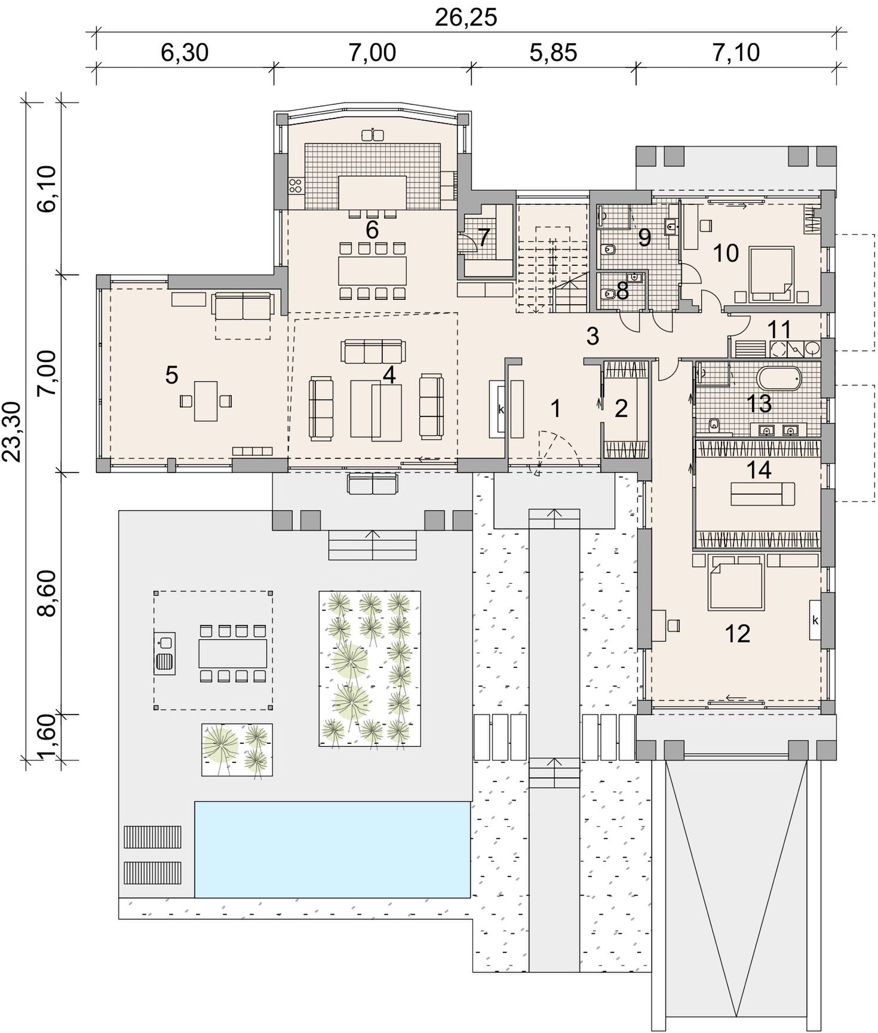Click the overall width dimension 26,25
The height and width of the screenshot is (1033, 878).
click(x=465, y=17)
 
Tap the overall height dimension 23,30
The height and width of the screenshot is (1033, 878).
click(x=12, y=431)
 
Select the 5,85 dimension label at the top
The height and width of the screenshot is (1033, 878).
click(x=553, y=53)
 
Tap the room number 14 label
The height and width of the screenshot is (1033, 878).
click(x=759, y=470)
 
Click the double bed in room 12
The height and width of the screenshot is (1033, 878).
click(x=735, y=586)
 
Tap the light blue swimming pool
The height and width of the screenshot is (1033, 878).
click(x=332, y=849)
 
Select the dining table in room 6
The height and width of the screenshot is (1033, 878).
click(x=372, y=271)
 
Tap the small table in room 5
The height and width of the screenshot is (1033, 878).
click(x=205, y=401)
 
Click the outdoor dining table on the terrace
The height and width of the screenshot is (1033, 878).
click(x=233, y=653)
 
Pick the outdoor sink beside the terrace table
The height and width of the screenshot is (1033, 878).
click(x=165, y=653)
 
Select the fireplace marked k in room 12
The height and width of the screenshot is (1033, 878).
click(x=815, y=620)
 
